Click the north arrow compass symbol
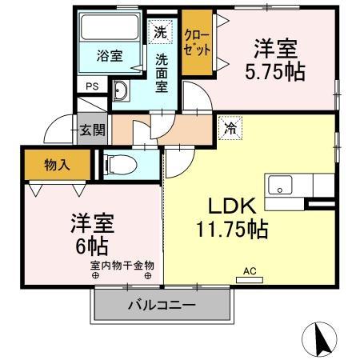[322, 339]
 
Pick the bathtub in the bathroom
[110, 29]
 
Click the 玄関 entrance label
[91, 130]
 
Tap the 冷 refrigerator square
[230, 126]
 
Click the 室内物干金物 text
[122, 265]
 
